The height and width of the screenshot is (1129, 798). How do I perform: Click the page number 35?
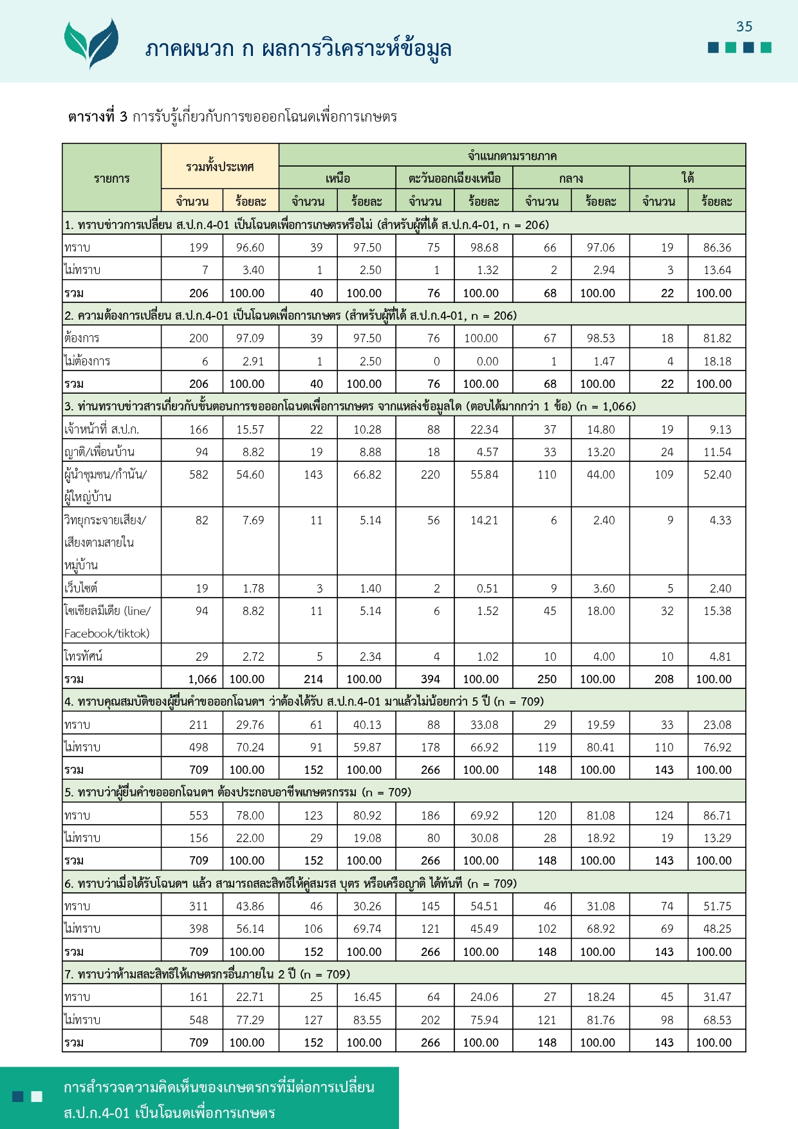(x=744, y=26)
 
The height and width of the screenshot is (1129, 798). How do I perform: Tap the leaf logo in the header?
(x=91, y=42)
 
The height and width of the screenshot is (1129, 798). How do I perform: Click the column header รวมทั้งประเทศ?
(x=219, y=167)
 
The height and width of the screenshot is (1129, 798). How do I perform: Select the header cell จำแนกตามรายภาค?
(x=512, y=156)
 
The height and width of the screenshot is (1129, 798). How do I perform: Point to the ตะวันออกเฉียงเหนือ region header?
(x=454, y=178)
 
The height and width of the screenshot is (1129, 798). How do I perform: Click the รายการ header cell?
(x=111, y=178)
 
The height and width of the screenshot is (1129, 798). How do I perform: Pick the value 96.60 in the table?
(x=250, y=248)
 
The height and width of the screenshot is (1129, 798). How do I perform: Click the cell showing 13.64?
(x=717, y=270)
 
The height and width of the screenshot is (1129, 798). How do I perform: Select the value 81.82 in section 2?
(x=717, y=338)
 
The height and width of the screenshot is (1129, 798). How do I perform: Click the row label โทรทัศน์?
(x=84, y=656)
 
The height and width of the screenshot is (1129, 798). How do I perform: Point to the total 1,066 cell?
(x=202, y=679)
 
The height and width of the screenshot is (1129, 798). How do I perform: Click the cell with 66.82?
(x=367, y=475)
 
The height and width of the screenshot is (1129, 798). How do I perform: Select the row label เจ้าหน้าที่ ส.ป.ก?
(x=102, y=429)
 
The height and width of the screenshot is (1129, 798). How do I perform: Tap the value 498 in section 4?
(x=198, y=748)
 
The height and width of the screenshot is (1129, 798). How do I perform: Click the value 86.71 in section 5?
(x=717, y=816)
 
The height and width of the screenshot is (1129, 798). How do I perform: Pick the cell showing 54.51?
(x=484, y=906)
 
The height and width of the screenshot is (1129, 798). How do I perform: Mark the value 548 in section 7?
(x=198, y=1020)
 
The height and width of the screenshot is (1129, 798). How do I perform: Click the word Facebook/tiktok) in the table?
(x=107, y=634)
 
